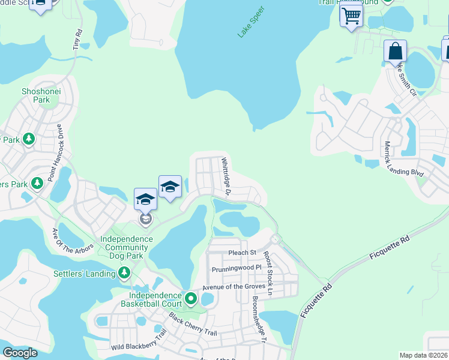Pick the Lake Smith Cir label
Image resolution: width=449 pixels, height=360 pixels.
tap(405, 80)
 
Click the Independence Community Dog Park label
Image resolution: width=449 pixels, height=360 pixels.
tap(126, 247)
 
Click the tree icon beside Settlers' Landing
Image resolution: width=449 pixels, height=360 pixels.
tap(124, 274)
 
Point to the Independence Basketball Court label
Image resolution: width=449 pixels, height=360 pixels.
tap(155, 299)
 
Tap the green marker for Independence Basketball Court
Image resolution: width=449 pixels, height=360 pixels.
tap(191, 298)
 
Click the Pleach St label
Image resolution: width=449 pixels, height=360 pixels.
tap(242, 253)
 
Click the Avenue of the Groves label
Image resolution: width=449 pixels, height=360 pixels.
tap(233, 286)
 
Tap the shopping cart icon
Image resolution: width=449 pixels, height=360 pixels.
tap(351, 16)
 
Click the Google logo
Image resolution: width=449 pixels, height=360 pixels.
tap(20, 353)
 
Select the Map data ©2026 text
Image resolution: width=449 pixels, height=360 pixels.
tap(423, 355)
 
